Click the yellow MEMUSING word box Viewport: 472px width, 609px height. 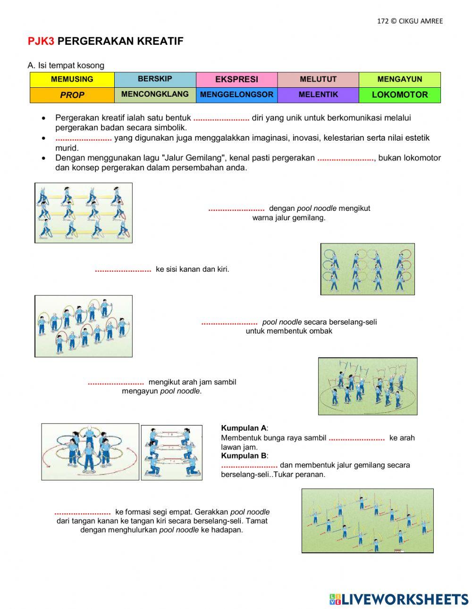tap(72, 79)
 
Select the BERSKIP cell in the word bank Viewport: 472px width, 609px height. tap(155, 79)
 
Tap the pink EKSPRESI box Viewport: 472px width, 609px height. tap(236, 79)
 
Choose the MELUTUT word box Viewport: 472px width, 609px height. tap(318, 79)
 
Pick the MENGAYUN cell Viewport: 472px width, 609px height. tap(399, 79)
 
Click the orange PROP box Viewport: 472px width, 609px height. tap(72, 95)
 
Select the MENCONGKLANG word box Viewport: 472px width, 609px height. tap(155, 94)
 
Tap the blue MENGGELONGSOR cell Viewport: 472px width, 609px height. tap(236, 95)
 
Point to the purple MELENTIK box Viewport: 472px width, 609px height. tap(318, 95)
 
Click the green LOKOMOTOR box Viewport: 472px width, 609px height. tap(399, 95)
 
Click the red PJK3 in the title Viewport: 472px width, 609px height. tap(41, 42)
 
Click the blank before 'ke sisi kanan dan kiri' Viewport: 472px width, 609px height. tap(123, 270)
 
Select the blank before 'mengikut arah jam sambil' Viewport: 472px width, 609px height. tap(116, 383)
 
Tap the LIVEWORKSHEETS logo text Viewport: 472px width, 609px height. tap(405, 599)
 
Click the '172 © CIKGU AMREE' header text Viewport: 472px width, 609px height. tap(410, 21)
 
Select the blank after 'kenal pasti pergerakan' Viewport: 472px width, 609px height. tap(346, 159)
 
